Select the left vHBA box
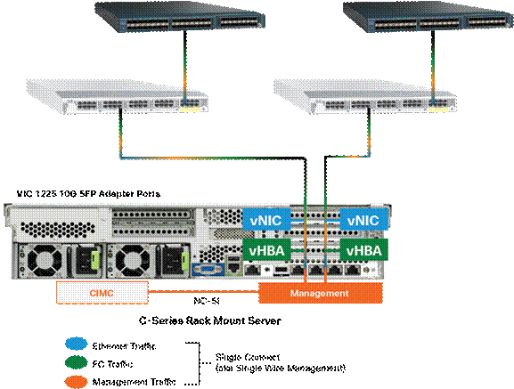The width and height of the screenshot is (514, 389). pos(265,250)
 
